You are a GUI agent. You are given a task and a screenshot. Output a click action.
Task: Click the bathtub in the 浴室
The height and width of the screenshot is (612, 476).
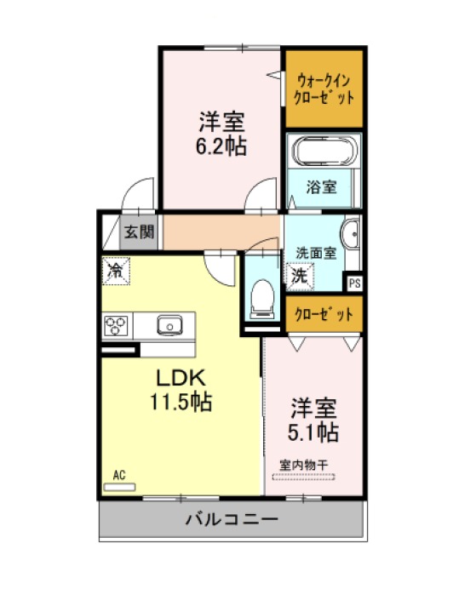(x=325, y=151)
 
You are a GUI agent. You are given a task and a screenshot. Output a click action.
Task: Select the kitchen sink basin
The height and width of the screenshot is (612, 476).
(x=169, y=325)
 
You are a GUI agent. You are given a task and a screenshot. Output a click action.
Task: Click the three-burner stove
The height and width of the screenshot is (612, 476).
(x=116, y=325)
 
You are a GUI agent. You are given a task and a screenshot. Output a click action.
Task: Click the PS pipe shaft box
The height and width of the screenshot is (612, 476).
(x=354, y=283)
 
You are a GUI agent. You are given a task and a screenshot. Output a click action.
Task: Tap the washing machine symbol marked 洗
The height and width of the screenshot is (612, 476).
(x=300, y=277)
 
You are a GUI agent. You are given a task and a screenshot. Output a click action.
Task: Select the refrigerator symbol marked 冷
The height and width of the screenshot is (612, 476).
(x=116, y=271)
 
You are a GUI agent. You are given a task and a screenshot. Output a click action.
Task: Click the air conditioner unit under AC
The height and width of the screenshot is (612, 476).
(x=119, y=487)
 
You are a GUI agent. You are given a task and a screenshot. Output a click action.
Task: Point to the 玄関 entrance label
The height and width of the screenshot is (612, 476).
(x=139, y=232)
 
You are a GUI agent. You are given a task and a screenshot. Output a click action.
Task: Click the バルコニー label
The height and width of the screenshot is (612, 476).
(x=232, y=519)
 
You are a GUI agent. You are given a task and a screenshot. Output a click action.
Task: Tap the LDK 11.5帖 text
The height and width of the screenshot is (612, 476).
(x=181, y=390)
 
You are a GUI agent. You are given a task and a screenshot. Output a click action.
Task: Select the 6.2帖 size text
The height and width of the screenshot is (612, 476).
(x=221, y=146)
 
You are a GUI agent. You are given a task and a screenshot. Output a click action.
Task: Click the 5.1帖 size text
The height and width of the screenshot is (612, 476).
(x=313, y=432)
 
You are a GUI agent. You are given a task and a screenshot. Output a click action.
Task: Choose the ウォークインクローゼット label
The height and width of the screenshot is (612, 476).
(x=324, y=89)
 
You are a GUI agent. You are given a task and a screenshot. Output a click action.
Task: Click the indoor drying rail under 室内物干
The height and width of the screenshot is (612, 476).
(x=303, y=477)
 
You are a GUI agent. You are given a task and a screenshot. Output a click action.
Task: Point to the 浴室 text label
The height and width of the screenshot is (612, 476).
(x=321, y=187)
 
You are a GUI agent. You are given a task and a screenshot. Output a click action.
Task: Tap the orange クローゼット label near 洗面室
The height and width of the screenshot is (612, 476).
(x=324, y=315)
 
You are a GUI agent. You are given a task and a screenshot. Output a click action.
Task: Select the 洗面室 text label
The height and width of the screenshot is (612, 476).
(x=316, y=254)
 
